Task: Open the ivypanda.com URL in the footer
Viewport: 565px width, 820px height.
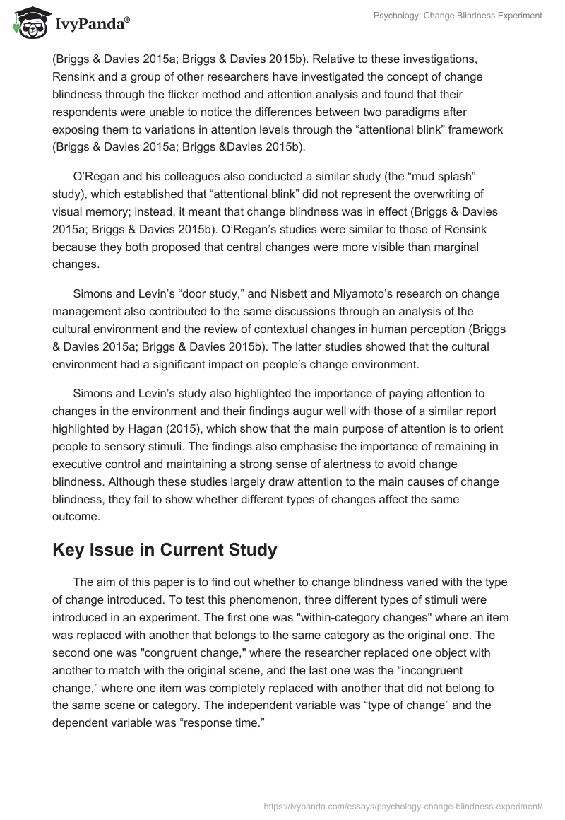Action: click(402, 805)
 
